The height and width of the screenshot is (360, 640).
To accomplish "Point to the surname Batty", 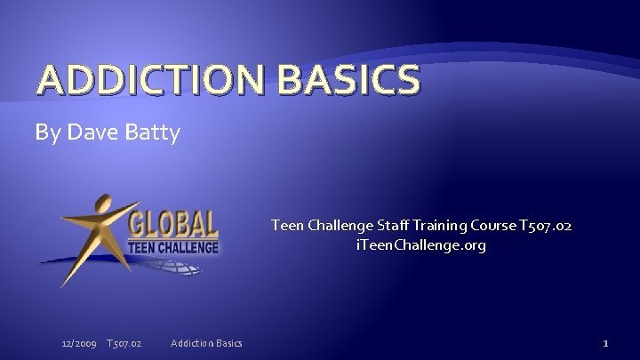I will click(x=155, y=133).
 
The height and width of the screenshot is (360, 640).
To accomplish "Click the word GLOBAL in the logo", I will click(x=173, y=223).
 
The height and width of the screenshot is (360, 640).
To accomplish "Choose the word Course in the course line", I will click(x=516, y=226).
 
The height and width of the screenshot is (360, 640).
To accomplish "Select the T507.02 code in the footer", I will click(x=124, y=343).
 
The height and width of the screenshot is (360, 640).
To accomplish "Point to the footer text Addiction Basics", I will click(x=205, y=343).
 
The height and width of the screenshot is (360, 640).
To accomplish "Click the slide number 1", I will click(x=604, y=343).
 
